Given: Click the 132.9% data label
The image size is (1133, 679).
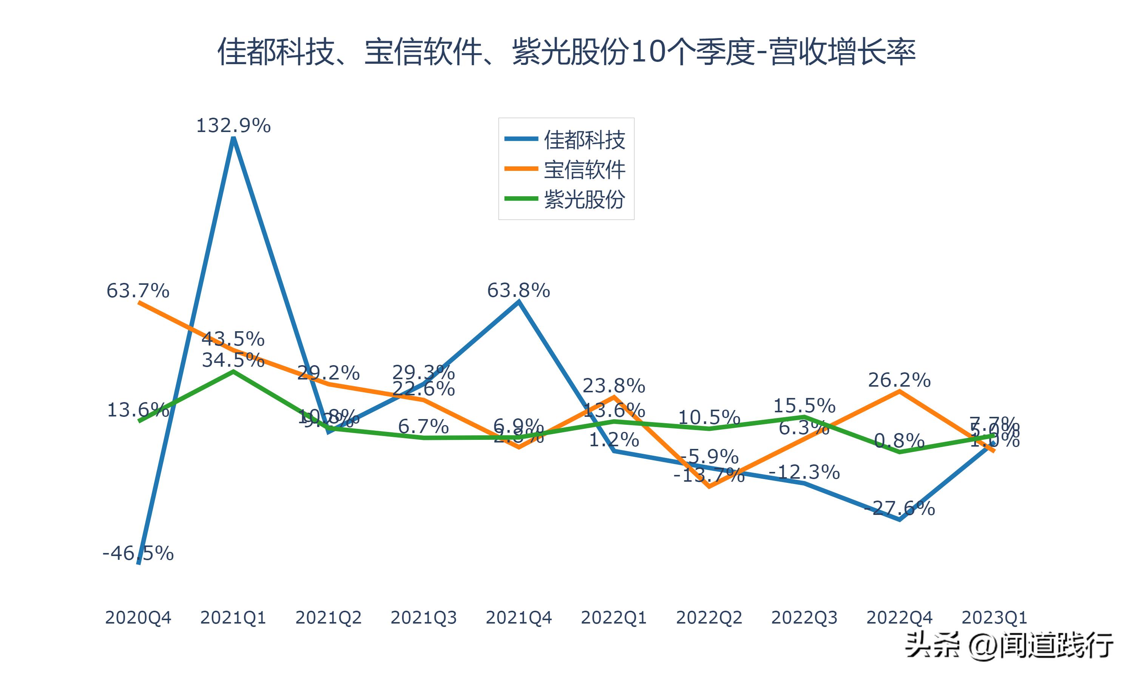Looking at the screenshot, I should click(x=233, y=125).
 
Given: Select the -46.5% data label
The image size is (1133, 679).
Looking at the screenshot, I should click(x=138, y=553).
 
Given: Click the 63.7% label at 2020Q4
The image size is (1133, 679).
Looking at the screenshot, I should click(x=138, y=290).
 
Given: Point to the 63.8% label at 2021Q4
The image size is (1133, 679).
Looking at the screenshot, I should click(x=519, y=290).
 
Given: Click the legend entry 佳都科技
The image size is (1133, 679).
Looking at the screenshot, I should click(x=584, y=140).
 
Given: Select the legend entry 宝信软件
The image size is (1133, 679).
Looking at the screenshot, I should click(x=584, y=170).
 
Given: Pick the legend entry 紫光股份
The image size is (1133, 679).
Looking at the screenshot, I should click(x=584, y=200).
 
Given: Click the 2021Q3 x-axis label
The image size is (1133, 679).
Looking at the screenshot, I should click(x=424, y=618).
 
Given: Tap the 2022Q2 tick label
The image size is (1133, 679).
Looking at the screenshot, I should click(x=709, y=618).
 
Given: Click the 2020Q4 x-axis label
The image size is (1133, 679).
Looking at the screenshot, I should click(x=138, y=618).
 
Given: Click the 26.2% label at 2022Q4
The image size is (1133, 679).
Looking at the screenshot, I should click(x=900, y=380).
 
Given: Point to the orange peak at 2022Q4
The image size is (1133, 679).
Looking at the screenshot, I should click(x=900, y=391).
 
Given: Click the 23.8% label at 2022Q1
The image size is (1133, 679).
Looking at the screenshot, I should click(x=614, y=386).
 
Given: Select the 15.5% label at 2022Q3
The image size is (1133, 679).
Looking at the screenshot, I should click(x=804, y=406).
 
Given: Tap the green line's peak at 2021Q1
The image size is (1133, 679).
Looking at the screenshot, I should click(x=233, y=372).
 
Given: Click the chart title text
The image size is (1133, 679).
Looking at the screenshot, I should click(x=566, y=52).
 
